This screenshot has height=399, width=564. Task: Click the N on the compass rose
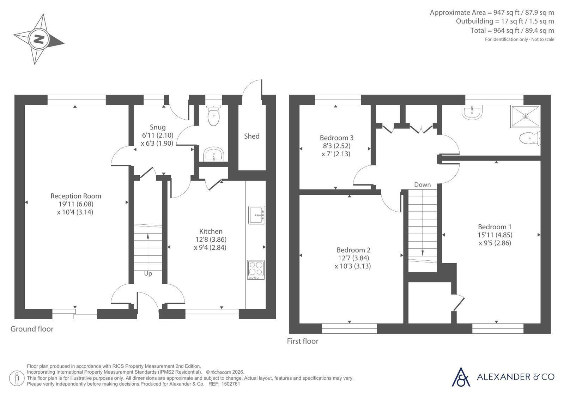39,40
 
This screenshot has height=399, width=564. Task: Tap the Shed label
251,136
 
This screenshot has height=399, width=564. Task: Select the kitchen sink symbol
256,215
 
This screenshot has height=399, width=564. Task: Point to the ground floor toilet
213,115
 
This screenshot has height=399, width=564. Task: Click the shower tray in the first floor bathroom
525,116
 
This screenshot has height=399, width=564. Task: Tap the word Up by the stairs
148,274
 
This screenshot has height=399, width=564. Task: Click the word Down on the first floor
422,185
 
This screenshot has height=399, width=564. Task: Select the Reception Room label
76,196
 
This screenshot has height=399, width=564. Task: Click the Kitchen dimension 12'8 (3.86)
211,239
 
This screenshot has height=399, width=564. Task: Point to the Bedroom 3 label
336,138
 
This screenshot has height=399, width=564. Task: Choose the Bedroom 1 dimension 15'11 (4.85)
495,235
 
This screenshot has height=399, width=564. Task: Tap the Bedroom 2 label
353,250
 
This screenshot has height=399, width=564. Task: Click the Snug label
158,127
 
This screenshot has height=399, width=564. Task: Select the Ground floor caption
32,329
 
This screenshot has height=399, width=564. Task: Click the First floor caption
303,341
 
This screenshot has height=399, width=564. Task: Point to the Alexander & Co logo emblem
461,377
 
